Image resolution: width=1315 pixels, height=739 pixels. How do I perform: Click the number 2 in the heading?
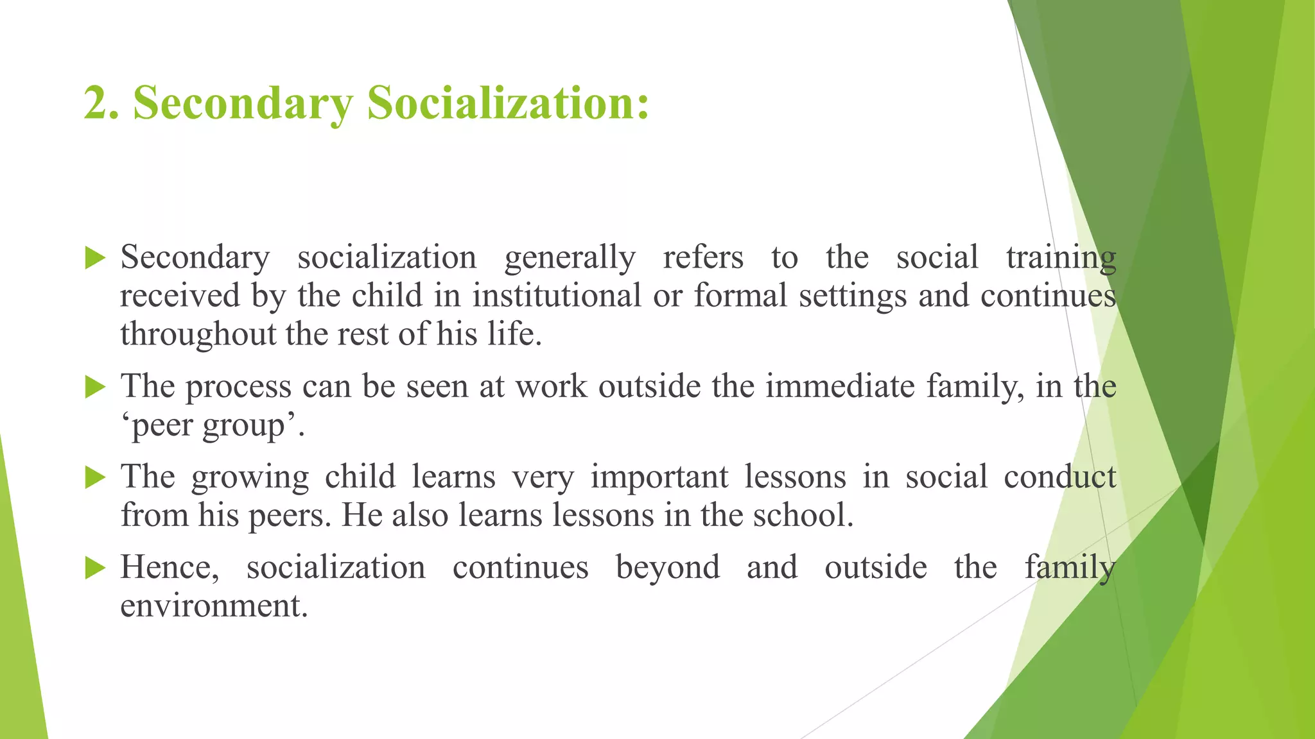click(x=98, y=103)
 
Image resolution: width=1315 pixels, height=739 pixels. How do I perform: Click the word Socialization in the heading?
click(x=507, y=103)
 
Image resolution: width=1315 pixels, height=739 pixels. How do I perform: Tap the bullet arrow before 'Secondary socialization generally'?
click(x=95, y=259)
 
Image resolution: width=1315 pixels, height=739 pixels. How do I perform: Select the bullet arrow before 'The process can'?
click(x=95, y=387)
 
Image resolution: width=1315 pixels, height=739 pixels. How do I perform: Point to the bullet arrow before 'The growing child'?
click(x=95, y=478)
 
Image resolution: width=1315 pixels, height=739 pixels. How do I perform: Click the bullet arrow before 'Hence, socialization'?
click(x=95, y=568)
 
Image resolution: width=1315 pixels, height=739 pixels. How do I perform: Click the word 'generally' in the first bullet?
click(x=570, y=259)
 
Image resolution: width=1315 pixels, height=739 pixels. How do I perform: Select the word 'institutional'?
click(x=557, y=296)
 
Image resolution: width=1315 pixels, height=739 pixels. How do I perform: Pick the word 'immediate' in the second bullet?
click(x=840, y=387)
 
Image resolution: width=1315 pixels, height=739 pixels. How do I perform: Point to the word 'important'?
click(x=659, y=477)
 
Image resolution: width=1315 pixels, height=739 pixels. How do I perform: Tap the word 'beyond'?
click(x=668, y=568)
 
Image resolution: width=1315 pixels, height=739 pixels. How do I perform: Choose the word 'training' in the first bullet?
click(x=1061, y=259)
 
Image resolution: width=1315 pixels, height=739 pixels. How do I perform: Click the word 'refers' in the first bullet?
click(x=703, y=257)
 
